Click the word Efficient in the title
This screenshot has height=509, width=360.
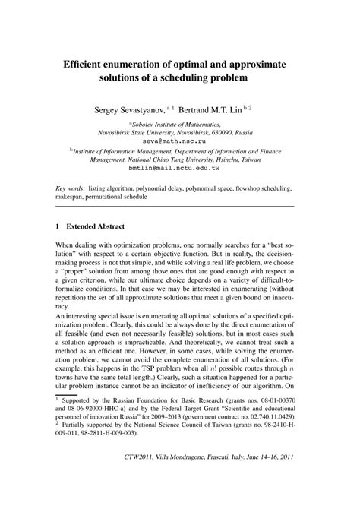(87, 65)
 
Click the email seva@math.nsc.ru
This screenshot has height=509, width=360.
(180, 140)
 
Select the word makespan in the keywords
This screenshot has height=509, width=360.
(72, 196)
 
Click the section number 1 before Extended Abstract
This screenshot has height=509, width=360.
(58, 226)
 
